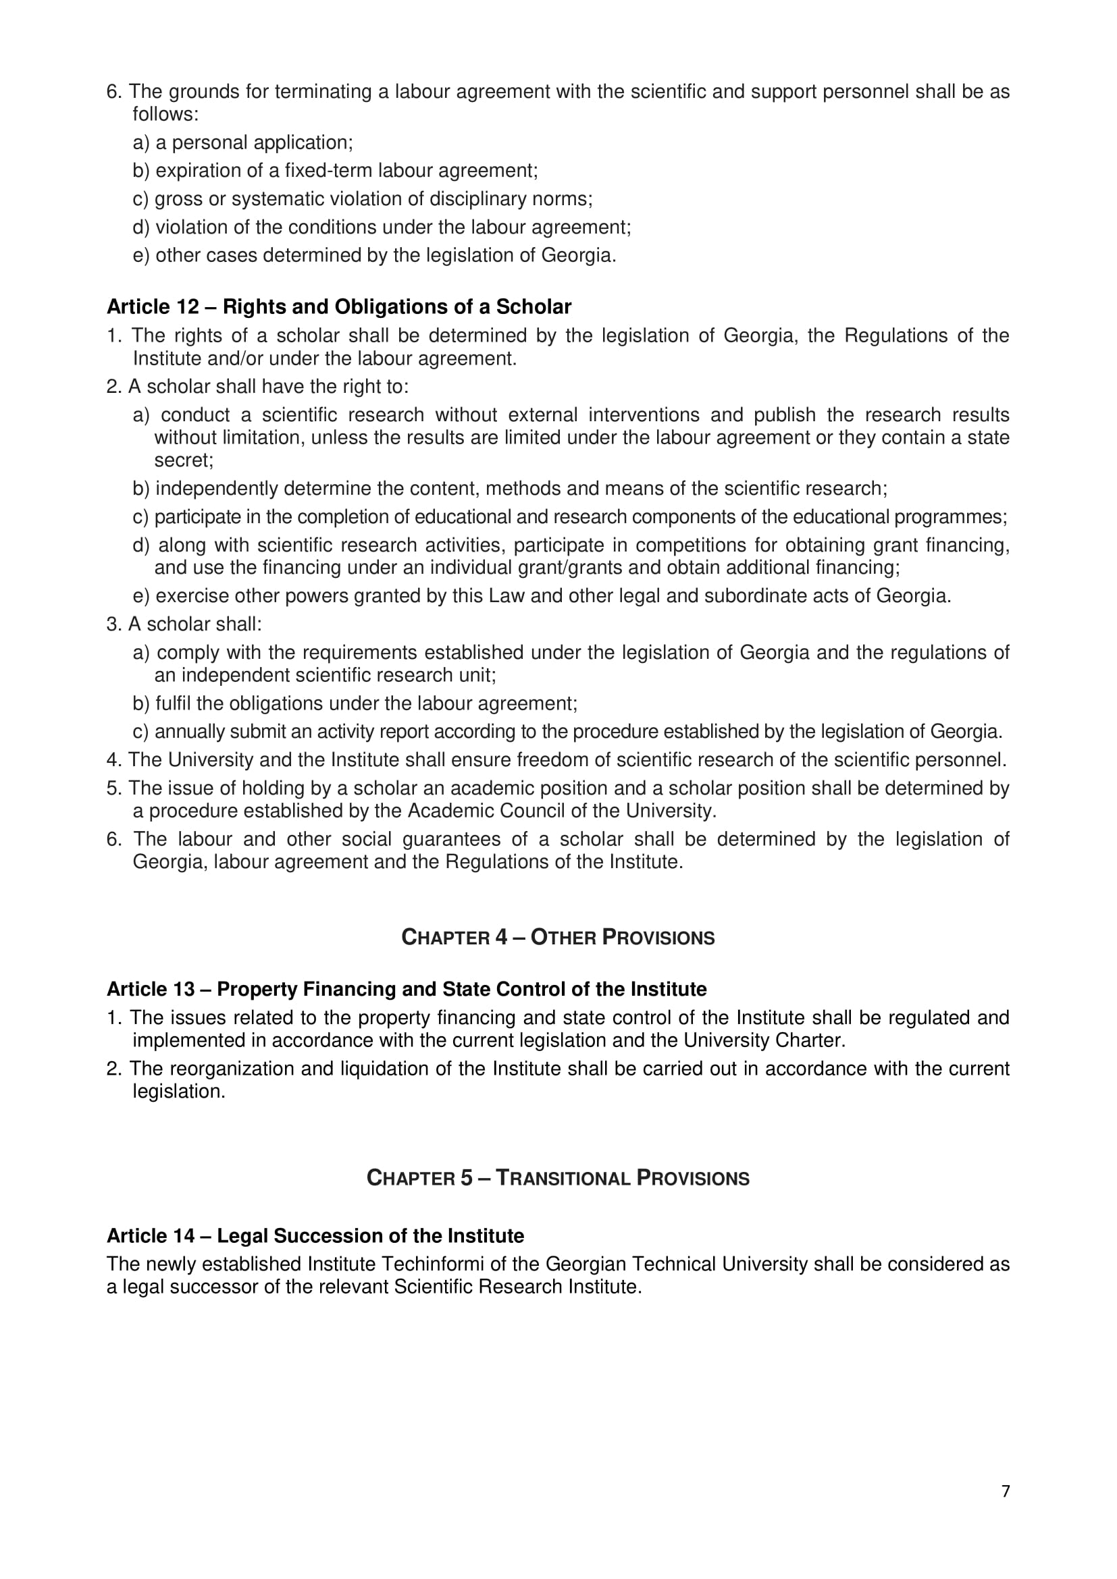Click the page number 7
point(1006,1491)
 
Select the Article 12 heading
point(338,306)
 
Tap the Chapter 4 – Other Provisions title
point(558,938)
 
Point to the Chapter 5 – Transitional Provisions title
point(558,1178)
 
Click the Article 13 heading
point(407,989)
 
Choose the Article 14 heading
point(315,1236)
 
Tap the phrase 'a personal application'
point(253,142)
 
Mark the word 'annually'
point(189,731)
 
